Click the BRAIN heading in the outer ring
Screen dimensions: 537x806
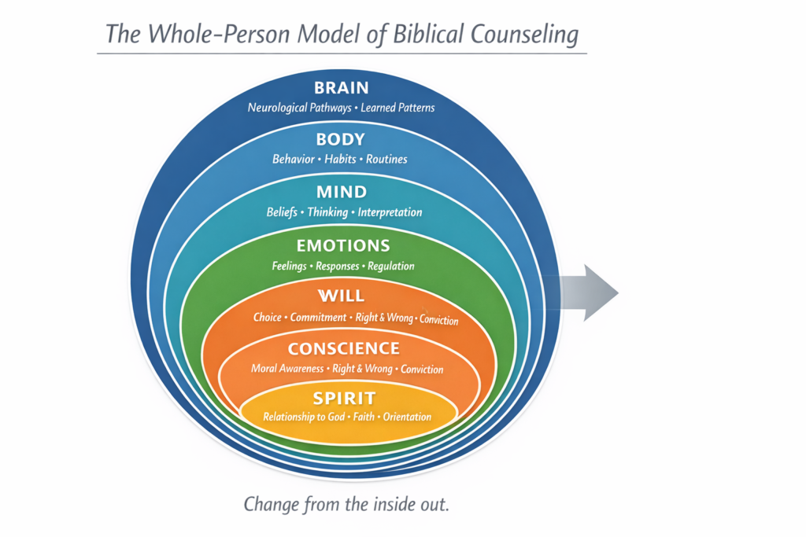click(x=341, y=88)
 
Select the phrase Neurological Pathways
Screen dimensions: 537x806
click(x=299, y=108)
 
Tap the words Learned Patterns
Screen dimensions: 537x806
click(x=397, y=108)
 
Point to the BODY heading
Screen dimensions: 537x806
click(x=341, y=140)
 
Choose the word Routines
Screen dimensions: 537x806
click(x=386, y=160)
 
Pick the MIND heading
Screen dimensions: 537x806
click(x=341, y=193)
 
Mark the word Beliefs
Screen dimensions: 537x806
click(x=283, y=212)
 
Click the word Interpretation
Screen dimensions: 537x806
click(x=390, y=212)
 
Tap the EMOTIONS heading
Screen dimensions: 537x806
click(x=342, y=246)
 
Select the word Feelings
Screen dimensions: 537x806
click(x=289, y=266)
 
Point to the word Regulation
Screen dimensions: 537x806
click(x=390, y=266)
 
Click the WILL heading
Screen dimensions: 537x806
click(x=341, y=296)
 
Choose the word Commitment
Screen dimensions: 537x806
click(x=318, y=318)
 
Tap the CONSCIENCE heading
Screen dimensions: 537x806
click(x=343, y=349)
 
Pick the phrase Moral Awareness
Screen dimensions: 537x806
click(x=287, y=369)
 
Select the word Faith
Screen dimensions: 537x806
click(x=364, y=417)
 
